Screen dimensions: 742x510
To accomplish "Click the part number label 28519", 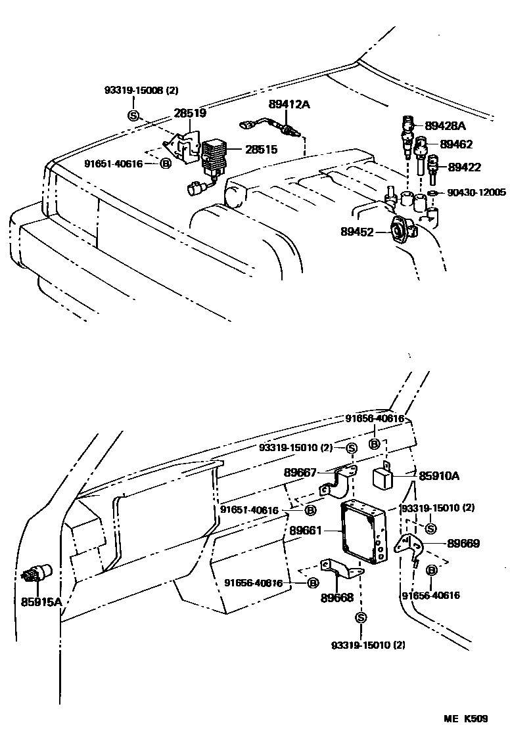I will click(x=190, y=113).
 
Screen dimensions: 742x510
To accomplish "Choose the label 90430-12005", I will click(x=476, y=192).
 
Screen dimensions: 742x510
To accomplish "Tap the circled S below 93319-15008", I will click(x=133, y=116).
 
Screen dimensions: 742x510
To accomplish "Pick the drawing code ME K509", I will click(x=464, y=718).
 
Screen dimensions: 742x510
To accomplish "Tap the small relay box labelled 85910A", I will click(x=383, y=477).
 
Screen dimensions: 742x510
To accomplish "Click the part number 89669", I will click(x=463, y=543).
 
